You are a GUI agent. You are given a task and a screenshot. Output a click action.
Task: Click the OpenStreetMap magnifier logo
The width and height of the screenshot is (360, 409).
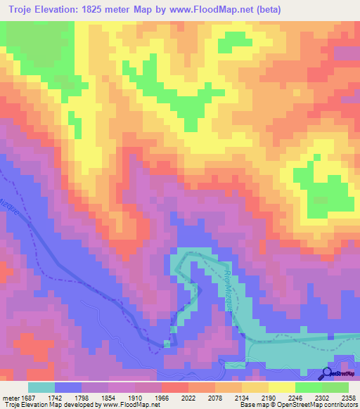[x=327, y=373]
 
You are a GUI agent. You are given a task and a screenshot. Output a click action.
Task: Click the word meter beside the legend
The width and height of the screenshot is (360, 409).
[x=10, y=397]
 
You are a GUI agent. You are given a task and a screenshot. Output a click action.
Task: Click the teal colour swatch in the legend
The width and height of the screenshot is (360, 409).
[x=41, y=387]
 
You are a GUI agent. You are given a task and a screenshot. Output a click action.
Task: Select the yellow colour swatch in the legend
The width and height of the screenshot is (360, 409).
[x=281, y=387]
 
